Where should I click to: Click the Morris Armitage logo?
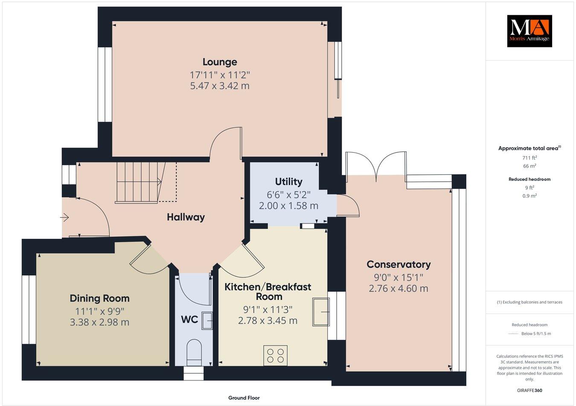point(529,31)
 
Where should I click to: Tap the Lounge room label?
point(220,62)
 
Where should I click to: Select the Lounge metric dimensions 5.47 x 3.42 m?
point(220,86)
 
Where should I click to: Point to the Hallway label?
point(186,217)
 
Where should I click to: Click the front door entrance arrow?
point(65,218)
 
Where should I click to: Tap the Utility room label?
point(288,182)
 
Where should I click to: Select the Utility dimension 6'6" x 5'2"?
point(288,194)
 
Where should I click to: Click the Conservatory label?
point(399,264)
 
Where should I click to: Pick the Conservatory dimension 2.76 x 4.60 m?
point(399,289)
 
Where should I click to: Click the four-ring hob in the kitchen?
point(275,356)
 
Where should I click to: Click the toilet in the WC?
point(194,352)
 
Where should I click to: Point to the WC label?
point(189,319)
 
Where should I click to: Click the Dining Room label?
point(99,299)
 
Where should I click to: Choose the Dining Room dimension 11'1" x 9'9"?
point(99,311)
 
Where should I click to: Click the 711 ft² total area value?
point(529,158)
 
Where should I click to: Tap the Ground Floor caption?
point(244,398)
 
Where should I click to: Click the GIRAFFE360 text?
point(529,390)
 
